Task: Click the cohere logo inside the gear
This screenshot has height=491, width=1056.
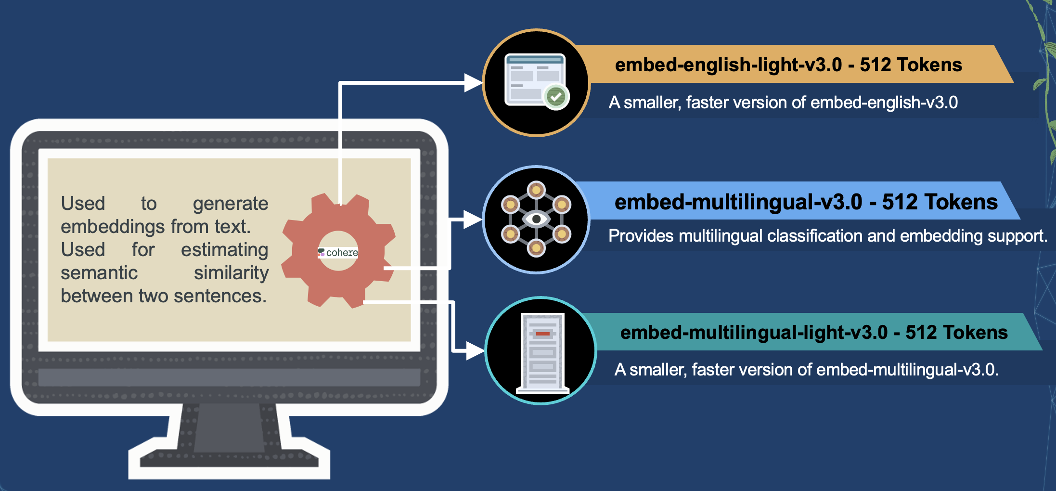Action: tap(338, 252)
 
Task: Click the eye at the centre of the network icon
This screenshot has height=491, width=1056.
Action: tap(536, 220)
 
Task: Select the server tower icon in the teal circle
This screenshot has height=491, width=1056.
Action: tap(542, 352)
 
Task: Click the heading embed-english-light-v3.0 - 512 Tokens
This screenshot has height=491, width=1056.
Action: tap(788, 65)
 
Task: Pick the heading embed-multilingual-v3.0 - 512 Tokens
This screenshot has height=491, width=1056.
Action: tap(806, 202)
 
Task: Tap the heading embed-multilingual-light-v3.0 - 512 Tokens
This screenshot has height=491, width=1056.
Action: tap(813, 332)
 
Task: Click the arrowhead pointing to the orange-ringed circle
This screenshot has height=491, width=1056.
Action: tap(473, 83)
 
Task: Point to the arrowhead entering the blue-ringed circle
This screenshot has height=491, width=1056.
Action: tap(472, 220)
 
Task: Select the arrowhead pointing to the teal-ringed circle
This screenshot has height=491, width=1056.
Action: tap(475, 351)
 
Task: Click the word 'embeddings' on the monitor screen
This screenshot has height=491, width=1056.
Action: tap(113, 227)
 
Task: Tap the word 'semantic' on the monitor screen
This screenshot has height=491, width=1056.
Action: tap(99, 273)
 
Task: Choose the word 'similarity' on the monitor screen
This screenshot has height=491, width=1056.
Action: tap(231, 273)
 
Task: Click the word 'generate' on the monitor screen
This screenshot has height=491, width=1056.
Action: tap(231, 204)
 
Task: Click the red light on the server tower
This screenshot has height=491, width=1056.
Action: tap(542, 334)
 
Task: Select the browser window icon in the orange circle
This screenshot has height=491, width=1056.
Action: tap(534, 79)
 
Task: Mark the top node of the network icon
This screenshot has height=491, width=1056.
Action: tap(536, 190)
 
